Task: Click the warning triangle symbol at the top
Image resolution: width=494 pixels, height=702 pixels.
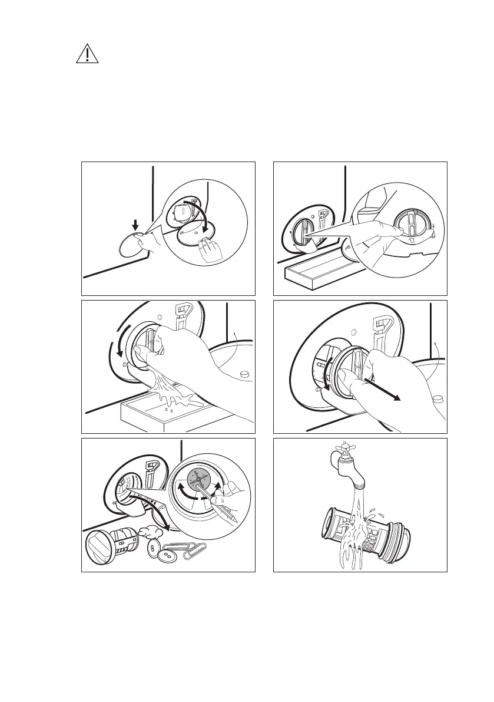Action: tap(87, 54)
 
